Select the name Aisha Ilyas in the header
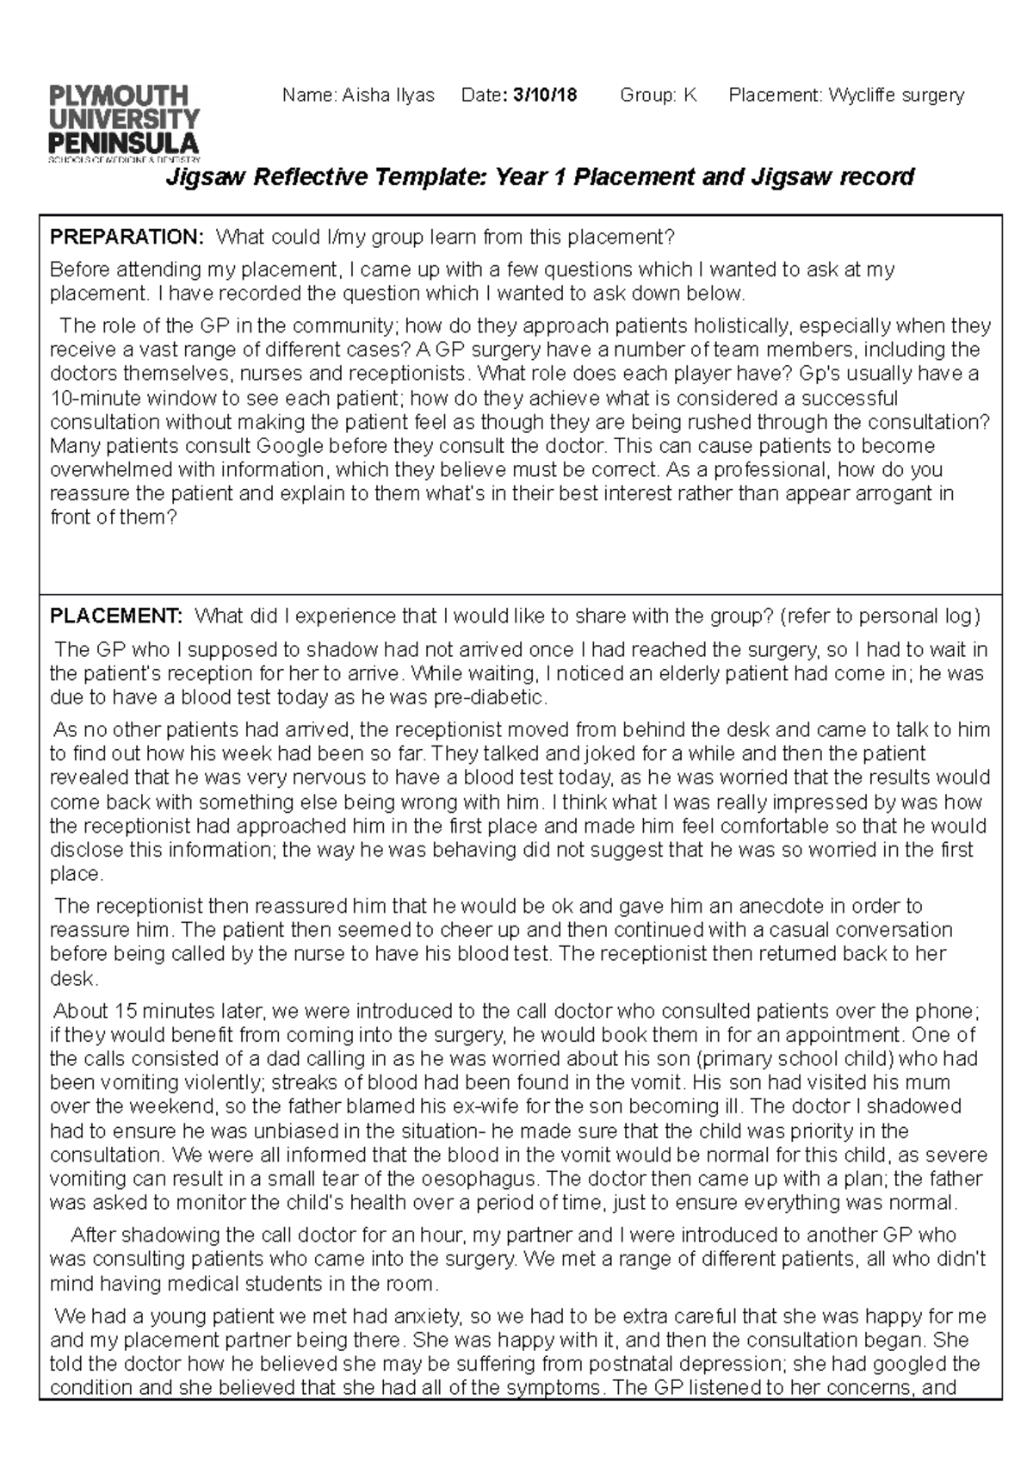coord(388,95)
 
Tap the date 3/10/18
coord(545,95)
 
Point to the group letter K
coord(690,95)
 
